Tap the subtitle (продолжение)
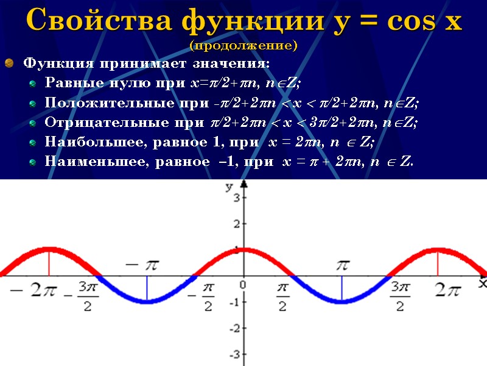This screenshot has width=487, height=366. tap(243, 46)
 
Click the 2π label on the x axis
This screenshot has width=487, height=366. tap(447, 292)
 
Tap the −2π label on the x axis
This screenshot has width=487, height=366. tap(35, 292)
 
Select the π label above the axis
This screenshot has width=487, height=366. tap(343, 265)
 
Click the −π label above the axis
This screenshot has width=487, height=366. tap(141, 265)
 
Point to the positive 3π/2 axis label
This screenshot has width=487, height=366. tap(399, 296)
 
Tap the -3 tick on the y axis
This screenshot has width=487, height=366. tap(233, 354)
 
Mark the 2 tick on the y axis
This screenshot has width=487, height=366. tap(236, 224)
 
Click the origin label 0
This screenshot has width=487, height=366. tap(242, 285)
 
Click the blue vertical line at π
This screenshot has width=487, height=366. tap(342, 289)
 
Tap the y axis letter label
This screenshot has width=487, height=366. tap(229, 187)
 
